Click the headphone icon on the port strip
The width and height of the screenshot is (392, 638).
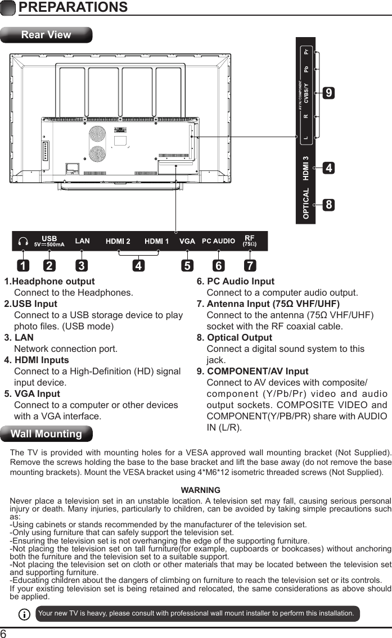click(23, 241)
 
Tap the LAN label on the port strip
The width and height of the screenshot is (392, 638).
click(82, 241)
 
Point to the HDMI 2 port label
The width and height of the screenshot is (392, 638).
click(118, 241)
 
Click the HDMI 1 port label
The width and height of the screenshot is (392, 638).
click(157, 241)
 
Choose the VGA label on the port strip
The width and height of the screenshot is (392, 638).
click(187, 241)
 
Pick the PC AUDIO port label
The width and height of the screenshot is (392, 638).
click(218, 241)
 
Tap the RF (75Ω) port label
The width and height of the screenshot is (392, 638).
click(249, 241)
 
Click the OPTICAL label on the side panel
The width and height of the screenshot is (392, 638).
click(306, 203)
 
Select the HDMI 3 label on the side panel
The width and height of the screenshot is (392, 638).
click(306, 168)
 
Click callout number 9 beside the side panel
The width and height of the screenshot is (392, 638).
click(328, 93)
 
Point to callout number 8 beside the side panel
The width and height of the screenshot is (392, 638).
click(328, 205)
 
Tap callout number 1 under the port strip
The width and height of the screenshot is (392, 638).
click(22, 264)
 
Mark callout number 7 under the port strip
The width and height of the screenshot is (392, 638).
click(249, 264)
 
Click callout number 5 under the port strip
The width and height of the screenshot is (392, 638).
click(187, 264)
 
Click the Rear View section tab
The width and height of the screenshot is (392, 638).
click(46, 35)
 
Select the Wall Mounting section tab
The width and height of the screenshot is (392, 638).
click(46, 434)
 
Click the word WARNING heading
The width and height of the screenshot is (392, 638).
click(201, 491)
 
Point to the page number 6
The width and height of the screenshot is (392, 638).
click(4, 633)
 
